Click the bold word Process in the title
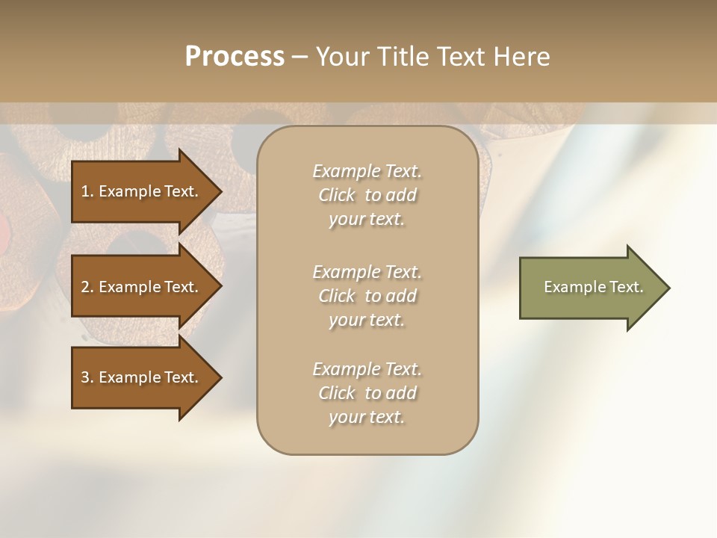point(235,57)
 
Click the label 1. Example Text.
point(139,191)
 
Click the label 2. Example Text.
point(139,287)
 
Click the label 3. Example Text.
point(139,377)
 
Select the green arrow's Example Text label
point(593,287)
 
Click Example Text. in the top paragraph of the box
point(367,171)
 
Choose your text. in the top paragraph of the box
point(367,220)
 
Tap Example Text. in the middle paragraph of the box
point(367,272)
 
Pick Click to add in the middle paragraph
point(367,296)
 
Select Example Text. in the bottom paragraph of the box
point(367,369)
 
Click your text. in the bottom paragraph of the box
point(367,418)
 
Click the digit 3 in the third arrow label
point(84,377)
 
